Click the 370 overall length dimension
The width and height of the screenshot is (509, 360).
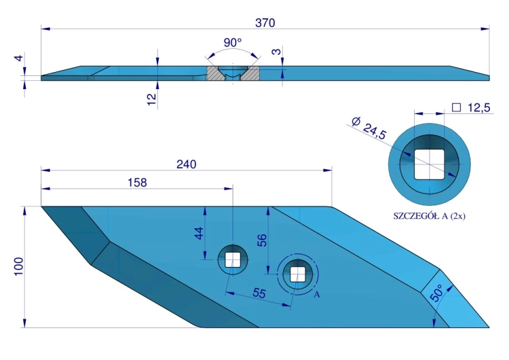point(265,23)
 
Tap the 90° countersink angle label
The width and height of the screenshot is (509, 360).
point(233,43)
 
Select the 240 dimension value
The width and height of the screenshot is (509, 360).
point(187,164)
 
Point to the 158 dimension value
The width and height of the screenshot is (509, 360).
point(137,183)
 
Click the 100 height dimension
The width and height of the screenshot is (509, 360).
point(19,266)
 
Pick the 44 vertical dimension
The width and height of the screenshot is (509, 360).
point(199,233)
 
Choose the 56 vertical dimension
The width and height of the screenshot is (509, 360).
point(262,240)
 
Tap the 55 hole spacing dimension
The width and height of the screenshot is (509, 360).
point(259,293)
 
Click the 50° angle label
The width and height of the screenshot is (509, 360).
point(436,293)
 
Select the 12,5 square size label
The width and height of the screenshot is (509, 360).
point(479,107)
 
